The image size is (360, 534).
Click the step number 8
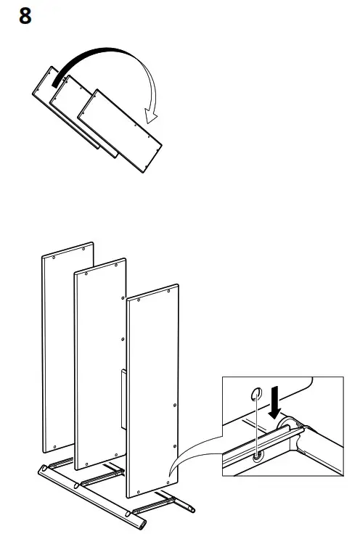(x=25, y=16)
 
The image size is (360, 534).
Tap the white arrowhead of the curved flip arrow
(x=153, y=113)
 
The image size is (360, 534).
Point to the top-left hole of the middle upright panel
(x=86, y=275)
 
